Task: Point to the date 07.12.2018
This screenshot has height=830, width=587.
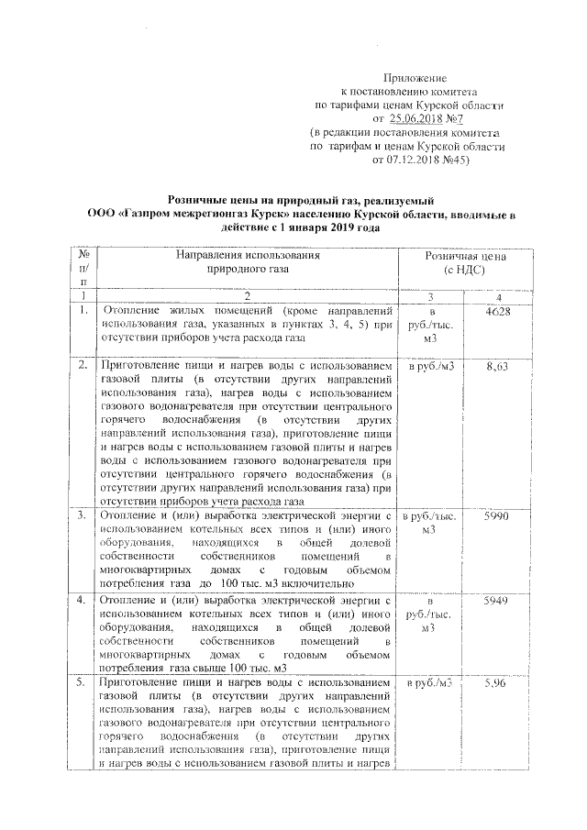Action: pyautogui.click(x=406, y=159)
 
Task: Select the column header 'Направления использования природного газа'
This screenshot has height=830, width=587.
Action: pyautogui.click(x=247, y=263)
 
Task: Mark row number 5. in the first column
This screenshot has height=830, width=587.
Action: pyautogui.click(x=83, y=684)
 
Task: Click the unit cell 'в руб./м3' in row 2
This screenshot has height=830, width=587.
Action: pyautogui.click(x=430, y=366)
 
